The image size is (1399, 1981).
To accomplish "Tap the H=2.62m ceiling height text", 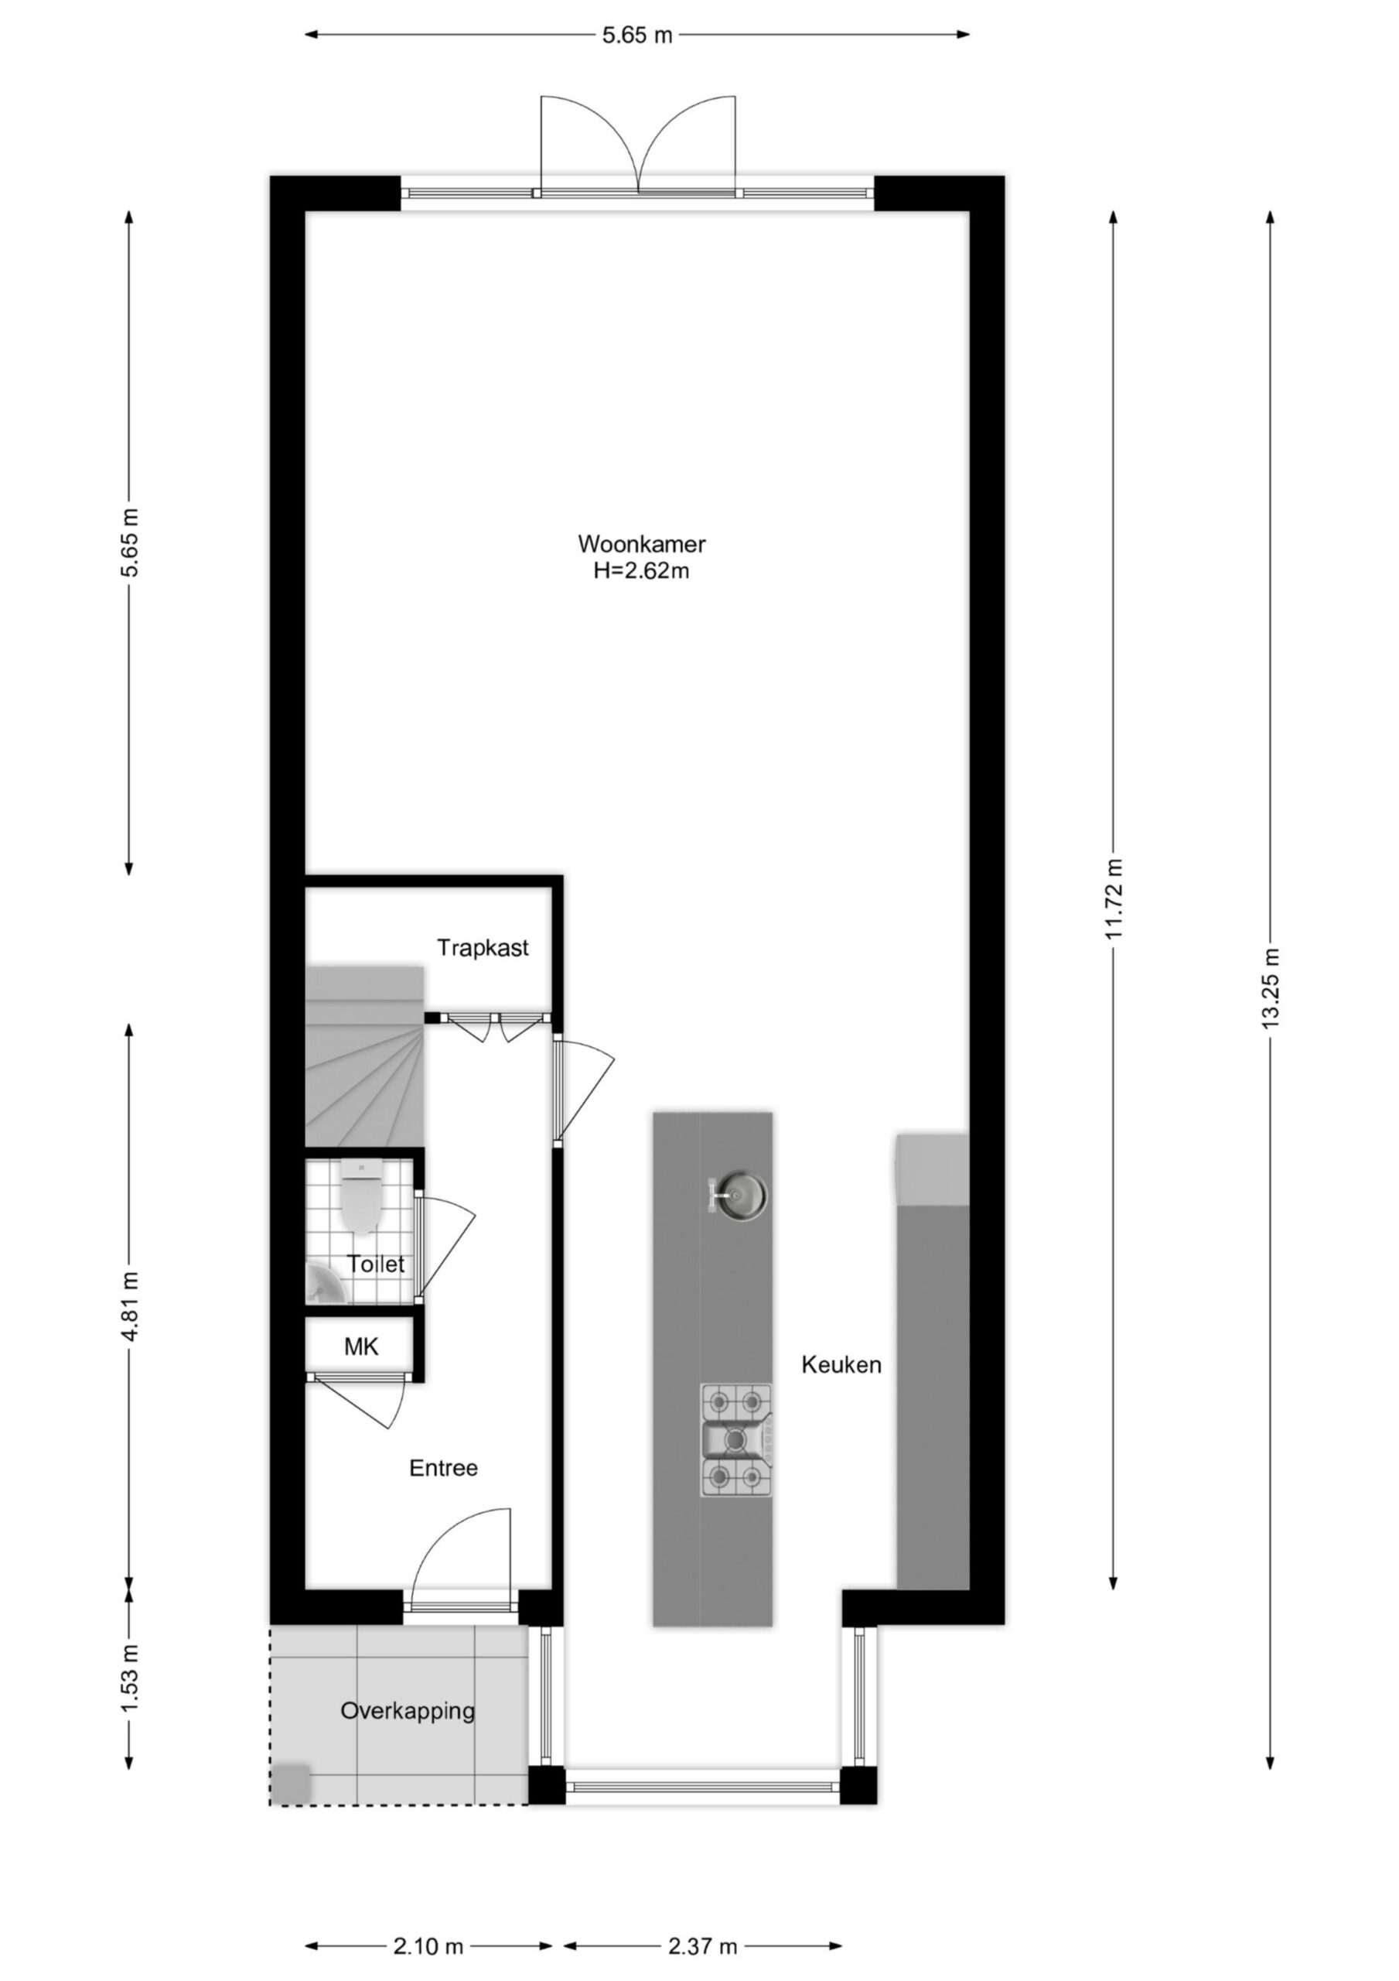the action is pos(642,570).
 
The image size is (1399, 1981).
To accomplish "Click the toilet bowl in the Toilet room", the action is pos(361,1196).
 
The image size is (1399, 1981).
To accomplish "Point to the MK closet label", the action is pos(360,1346).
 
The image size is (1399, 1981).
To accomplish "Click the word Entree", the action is pos(443,1468).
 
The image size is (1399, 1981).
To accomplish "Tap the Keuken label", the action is pos(841,1364).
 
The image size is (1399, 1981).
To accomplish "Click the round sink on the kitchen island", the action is pos(739,1196).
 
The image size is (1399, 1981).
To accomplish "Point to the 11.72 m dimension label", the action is pos(1114,900).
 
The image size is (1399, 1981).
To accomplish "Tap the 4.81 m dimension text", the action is pos(129,1306).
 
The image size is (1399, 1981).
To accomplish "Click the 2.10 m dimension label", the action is pos(428,1921).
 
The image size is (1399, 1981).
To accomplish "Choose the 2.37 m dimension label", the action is pos(703,1921).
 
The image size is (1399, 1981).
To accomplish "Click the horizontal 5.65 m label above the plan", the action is pos(637,36).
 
